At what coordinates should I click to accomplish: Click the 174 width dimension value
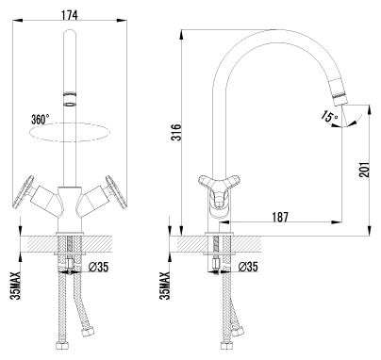(69, 14)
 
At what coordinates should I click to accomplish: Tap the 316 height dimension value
(177, 132)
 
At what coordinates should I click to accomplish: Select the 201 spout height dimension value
(364, 170)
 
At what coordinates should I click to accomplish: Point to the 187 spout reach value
(279, 217)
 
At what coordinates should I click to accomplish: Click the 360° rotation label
(41, 120)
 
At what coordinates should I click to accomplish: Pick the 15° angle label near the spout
(330, 116)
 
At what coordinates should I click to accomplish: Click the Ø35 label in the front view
(98, 267)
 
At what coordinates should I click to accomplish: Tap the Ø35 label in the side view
(248, 267)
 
